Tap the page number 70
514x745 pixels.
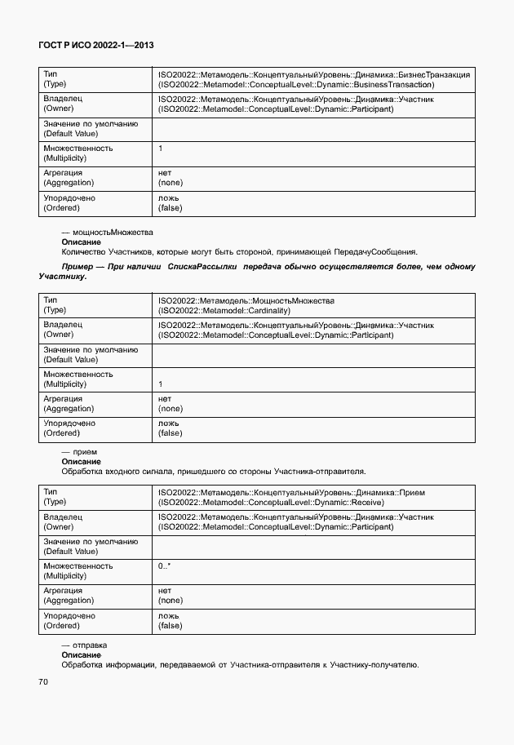click(x=43, y=681)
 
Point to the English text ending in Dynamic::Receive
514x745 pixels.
click(x=271, y=503)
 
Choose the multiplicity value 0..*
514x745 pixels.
click(x=164, y=565)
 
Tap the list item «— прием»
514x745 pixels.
click(x=79, y=451)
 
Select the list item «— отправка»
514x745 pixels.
click(x=85, y=645)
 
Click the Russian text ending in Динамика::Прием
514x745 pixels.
click(x=291, y=493)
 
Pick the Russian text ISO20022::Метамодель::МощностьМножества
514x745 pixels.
click(x=246, y=300)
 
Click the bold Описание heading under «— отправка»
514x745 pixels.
click(x=81, y=654)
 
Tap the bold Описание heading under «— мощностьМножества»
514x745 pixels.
click(x=81, y=242)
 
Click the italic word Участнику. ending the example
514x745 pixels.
click(x=63, y=277)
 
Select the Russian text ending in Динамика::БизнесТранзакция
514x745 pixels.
click(x=313, y=74)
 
